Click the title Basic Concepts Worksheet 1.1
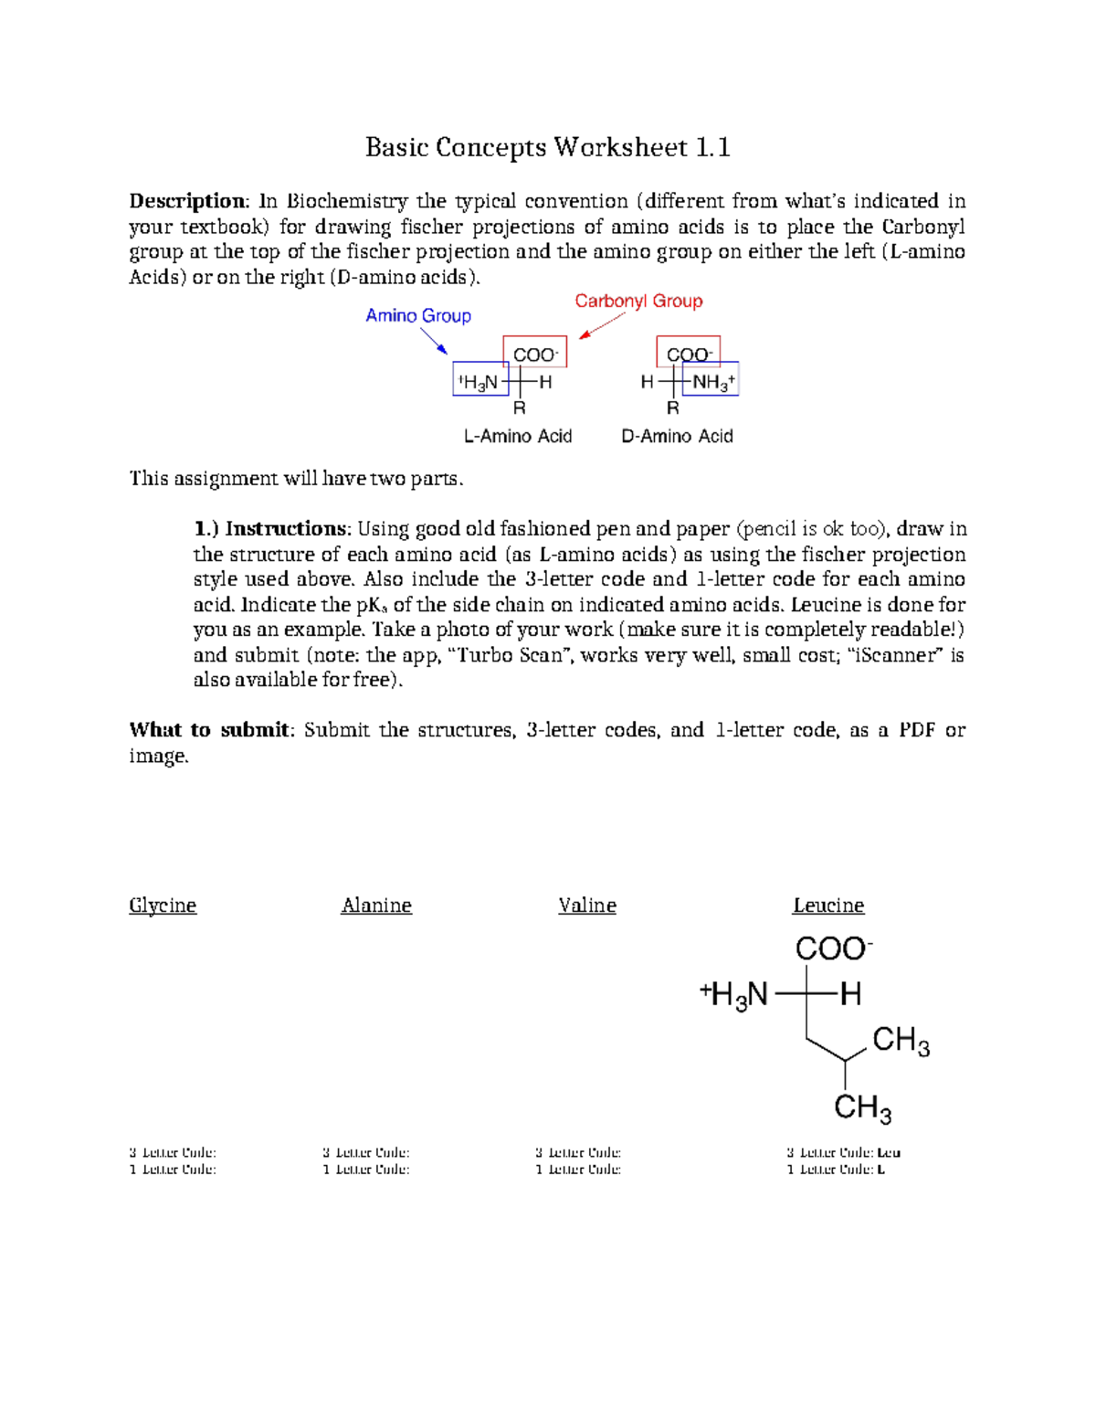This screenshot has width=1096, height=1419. (547, 147)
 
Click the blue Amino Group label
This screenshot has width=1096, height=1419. (418, 316)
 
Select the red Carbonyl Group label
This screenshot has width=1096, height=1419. (638, 302)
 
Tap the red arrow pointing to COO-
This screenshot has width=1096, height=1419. (602, 325)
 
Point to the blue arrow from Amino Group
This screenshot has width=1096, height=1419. (433, 341)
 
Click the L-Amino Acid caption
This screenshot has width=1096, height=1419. (518, 437)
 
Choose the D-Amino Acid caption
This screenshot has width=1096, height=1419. (677, 437)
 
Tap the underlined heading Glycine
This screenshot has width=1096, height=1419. (163, 905)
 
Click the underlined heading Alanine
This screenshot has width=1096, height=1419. (376, 905)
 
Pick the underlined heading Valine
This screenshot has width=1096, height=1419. (587, 905)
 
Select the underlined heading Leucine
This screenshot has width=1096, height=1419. (828, 905)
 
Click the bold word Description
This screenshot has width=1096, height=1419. (187, 201)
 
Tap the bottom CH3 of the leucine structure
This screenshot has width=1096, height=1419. (862, 1108)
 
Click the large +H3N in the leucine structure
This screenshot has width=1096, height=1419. (734, 995)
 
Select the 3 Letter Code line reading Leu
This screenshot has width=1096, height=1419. (843, 1153)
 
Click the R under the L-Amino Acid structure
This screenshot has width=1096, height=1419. (519, 408)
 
